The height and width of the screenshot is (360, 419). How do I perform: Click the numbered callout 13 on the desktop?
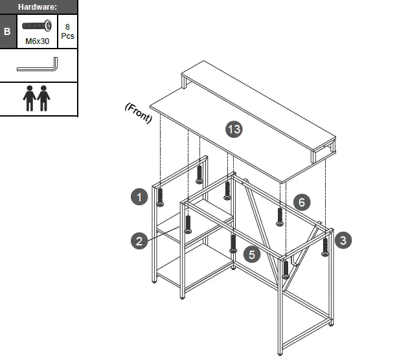pos(234,129)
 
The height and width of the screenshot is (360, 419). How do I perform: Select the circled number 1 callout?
pos(139,196)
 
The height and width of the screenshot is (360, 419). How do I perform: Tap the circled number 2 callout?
pos(139,242)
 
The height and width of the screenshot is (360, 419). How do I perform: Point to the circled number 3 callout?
pos(343,240)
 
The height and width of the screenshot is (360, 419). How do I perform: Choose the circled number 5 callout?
pos(252,254)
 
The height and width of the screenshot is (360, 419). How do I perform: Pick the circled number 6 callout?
pos(301,202)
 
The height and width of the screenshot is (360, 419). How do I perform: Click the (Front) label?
pos(138,112)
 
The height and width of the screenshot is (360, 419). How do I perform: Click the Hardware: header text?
pos(38,6)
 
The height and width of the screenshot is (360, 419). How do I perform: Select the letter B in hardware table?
pos(7,31)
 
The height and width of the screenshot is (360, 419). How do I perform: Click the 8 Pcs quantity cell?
pos(67,31)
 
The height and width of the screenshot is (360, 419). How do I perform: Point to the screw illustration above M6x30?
pos(36,26)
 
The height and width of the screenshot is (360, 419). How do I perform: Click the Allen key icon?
pos(38,65)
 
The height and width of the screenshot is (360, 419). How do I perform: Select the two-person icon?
pos(37,98)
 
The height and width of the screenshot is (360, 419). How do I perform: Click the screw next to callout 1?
pos(160,197)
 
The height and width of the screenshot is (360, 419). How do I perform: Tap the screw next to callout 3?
pos(325,247)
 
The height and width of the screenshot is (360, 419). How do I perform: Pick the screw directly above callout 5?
pos(233,243)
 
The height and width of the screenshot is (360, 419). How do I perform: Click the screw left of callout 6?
pos(280,216)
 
